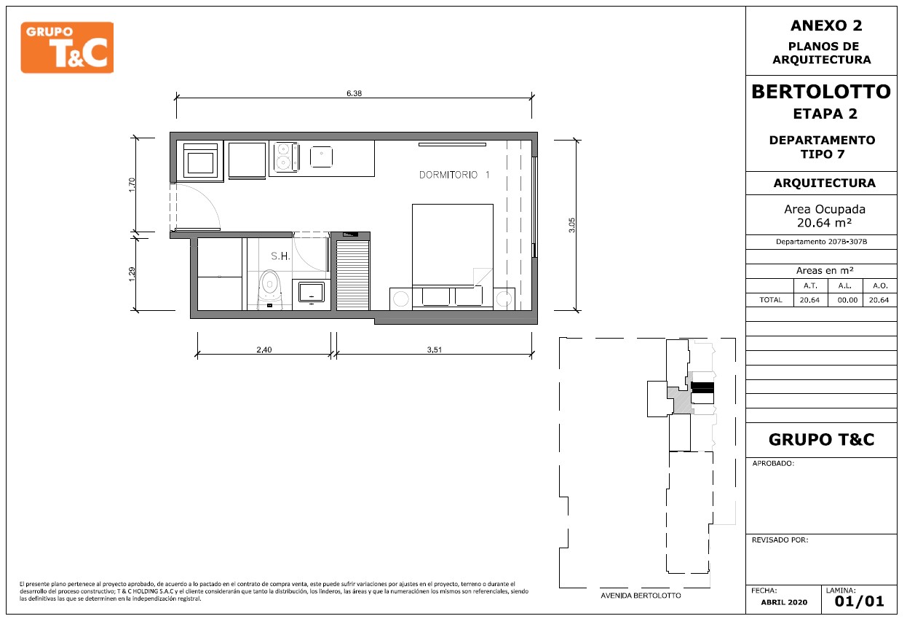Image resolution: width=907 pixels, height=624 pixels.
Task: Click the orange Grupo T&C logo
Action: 67,47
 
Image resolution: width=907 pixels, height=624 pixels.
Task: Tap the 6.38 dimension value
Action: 354,93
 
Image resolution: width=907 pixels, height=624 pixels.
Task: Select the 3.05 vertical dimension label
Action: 571,225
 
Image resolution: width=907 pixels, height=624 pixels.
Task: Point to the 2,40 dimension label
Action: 264,349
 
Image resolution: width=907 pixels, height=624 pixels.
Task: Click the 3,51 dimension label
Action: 435,349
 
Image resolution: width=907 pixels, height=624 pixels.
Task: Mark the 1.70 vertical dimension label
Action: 132,185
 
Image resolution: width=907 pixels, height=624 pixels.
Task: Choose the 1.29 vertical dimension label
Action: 132,275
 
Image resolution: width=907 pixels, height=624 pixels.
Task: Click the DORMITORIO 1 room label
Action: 454,175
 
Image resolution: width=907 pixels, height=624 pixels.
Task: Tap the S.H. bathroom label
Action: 280,256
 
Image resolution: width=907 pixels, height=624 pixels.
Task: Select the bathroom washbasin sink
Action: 312,293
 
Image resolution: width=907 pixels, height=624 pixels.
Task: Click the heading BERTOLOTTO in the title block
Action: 821,92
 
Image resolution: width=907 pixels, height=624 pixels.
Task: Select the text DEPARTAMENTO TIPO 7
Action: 822,147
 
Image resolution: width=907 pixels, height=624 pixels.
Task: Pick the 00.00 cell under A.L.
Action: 847,300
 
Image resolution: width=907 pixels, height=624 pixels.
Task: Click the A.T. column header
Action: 810,286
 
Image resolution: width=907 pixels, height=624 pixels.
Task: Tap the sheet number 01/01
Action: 859,601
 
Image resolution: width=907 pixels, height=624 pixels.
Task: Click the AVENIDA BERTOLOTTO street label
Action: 641,596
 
